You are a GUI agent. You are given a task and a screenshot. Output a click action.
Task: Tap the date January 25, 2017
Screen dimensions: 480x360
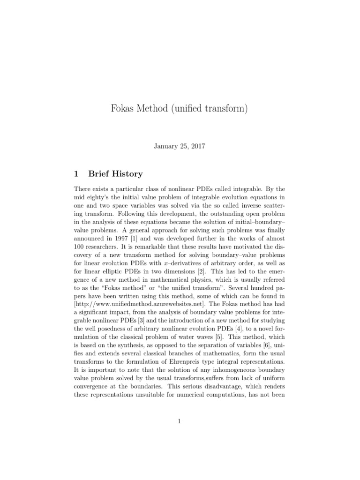tap(180, 146)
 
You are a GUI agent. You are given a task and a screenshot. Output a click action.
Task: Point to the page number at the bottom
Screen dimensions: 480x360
tap(180, 421)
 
